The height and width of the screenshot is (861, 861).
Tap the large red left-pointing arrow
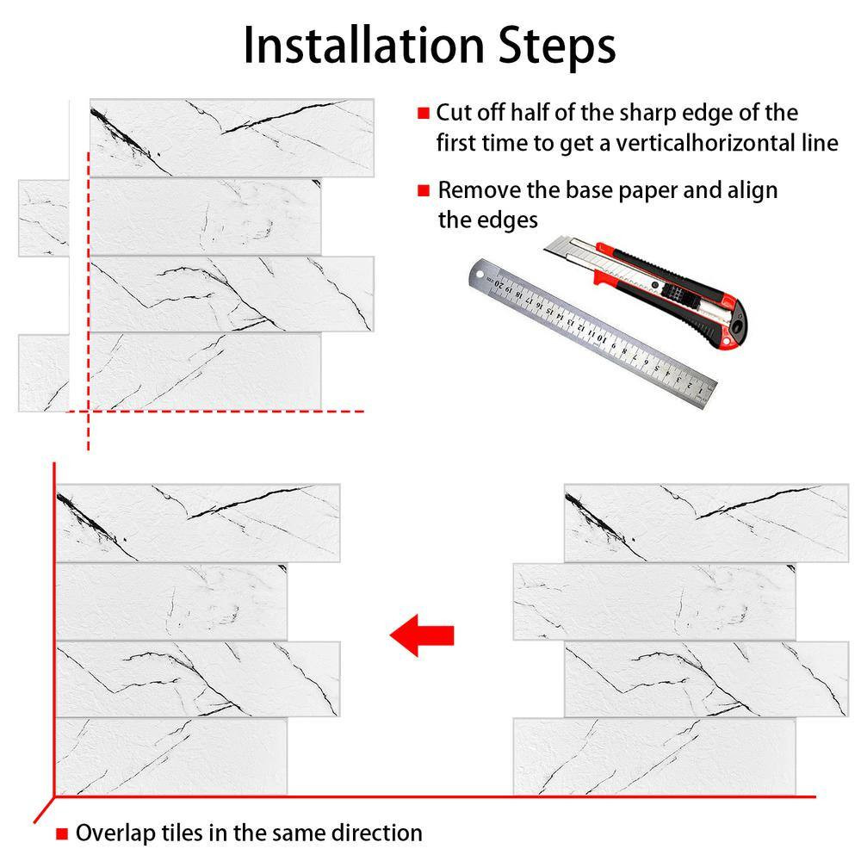pyautogui.click(x=422, y=635)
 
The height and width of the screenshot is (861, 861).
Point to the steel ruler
pyautogui.click(x=592, y=334)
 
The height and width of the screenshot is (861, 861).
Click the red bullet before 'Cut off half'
pyautogui.click(x=423, y=113)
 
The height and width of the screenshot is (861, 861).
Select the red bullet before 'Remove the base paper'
pyautogui.click(x=423, y=190)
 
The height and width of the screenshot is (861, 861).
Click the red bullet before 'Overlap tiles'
pyautogui.click(x=62, y=834)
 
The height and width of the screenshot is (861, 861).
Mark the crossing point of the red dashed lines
pyautogui.click(x=88, y=411)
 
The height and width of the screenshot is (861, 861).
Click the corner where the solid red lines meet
pyautogui.click(x=54, y=796)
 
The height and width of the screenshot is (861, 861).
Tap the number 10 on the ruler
pyautogui.click(x=602, y=338)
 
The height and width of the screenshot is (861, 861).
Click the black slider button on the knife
pyautogui.click(x=678, y=292)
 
